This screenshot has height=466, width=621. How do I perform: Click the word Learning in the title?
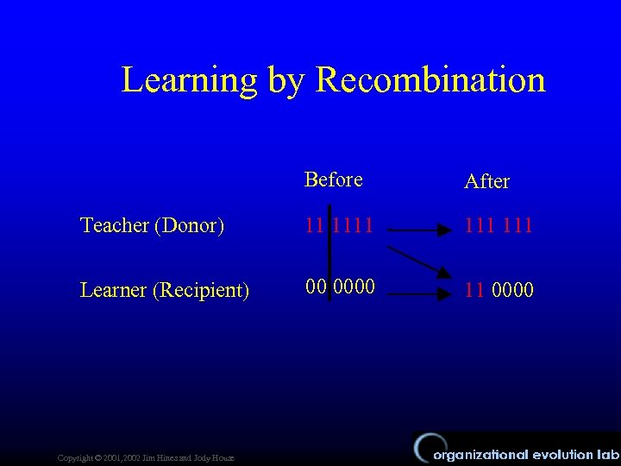coord(190,80)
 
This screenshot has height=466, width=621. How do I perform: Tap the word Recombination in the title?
coord(431,80)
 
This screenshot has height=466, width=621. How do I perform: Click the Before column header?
coord(334,179)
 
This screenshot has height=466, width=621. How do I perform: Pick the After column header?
coord(486,181)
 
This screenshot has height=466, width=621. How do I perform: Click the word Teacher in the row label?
coord(115,226)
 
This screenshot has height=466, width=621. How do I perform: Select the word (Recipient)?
coord(201,291)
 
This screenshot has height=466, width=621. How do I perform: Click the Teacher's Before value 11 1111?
coord(340,225)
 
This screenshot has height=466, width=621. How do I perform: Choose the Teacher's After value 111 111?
coord(499,226)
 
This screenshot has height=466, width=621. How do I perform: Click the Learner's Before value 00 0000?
coord(340,286)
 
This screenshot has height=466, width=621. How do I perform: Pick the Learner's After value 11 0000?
coord(499,290)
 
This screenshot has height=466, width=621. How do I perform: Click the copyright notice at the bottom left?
coord(145,457)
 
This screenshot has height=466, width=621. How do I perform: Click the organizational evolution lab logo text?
coord(525,454)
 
